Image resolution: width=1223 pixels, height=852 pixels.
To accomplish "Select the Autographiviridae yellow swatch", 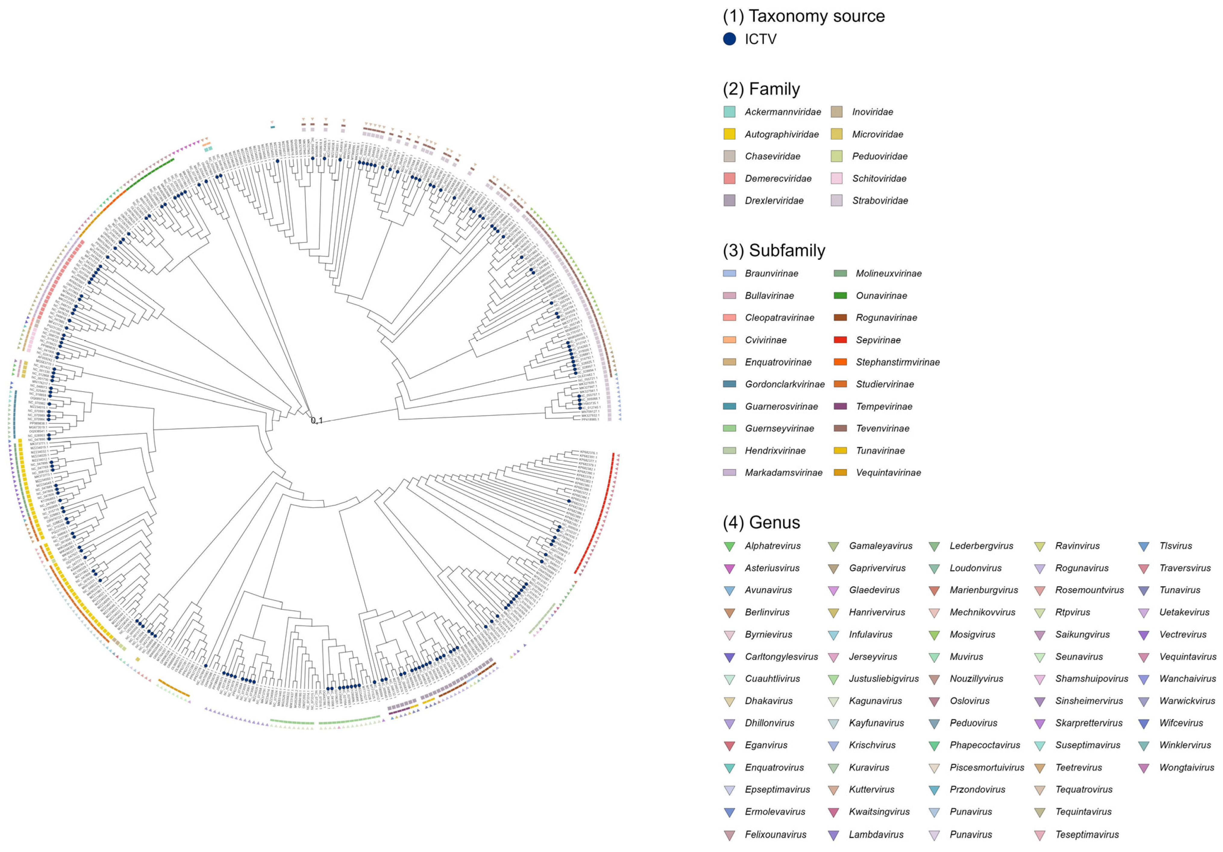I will coord(729,134).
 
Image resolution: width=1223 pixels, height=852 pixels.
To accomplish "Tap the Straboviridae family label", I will coord(880,201).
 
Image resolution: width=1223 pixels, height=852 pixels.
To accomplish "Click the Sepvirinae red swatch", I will coord(840,340).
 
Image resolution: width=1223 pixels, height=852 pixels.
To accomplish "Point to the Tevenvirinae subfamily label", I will coord(882,428).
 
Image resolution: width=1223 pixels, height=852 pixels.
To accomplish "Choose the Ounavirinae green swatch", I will coord(840,296).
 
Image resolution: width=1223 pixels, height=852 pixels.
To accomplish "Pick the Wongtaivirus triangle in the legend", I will coord(1144,768).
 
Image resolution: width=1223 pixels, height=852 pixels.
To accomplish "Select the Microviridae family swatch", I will coord(836,134).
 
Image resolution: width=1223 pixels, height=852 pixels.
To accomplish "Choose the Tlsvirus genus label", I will coord(1176,546).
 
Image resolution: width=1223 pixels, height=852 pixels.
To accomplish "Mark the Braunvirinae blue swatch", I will coord(729,273).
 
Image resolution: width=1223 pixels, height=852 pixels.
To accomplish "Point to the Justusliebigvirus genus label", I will coord(884,679).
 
